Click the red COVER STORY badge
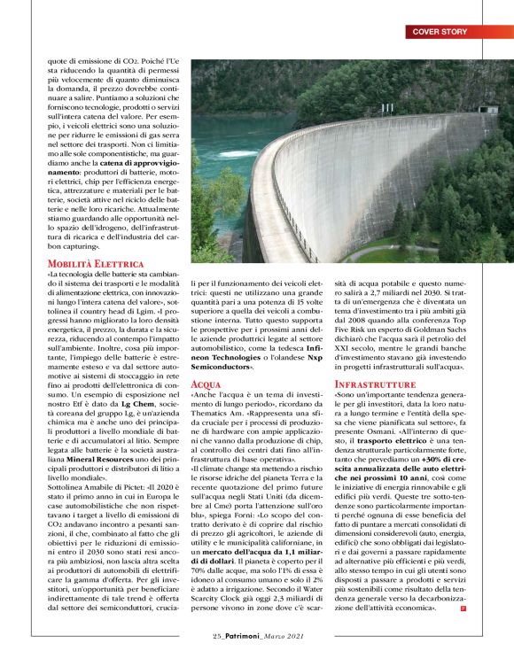click(440, 32)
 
